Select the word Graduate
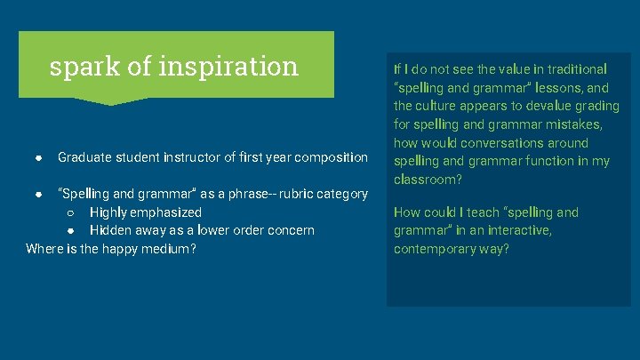(84, 157)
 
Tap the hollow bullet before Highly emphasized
(69, 212)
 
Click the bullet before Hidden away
(69, 230)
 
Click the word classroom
(425, 180)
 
